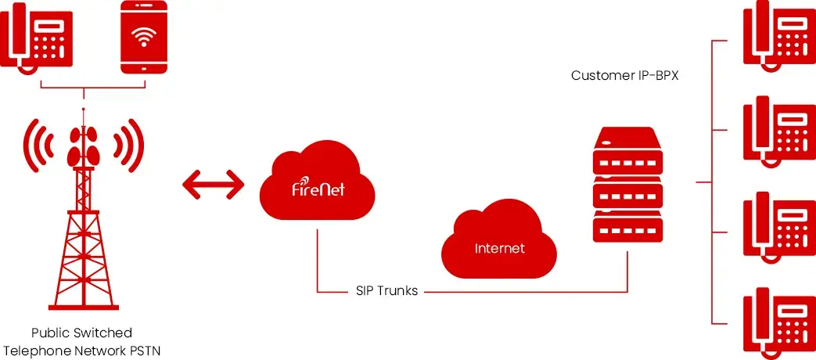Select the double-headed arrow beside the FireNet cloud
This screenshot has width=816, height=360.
point(213,185)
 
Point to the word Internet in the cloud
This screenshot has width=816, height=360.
point(500,249)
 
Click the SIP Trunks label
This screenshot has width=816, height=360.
point(382,291)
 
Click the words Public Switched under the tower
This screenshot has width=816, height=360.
point(81,333)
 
